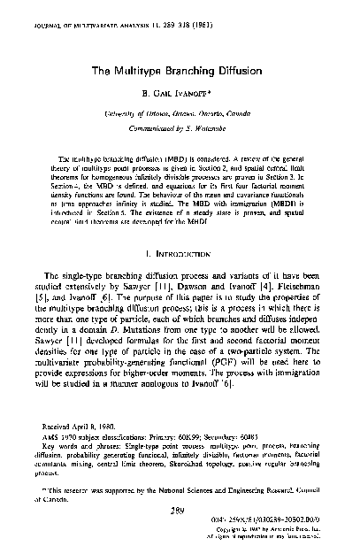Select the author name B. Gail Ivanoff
(179, 93)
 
